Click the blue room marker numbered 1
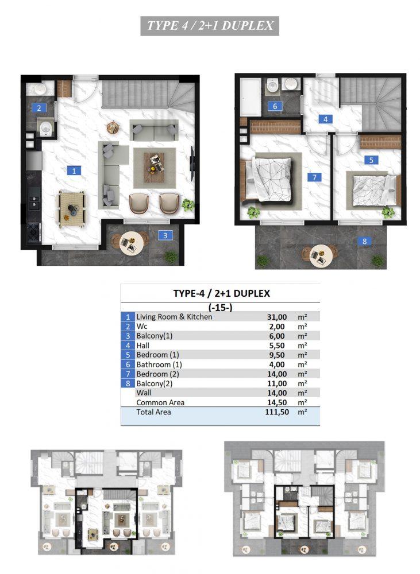74,170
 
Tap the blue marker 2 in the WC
39,108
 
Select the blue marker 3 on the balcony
165,235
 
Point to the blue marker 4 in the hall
325,119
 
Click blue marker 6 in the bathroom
275,106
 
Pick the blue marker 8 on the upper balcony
364,241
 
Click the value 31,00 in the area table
277,317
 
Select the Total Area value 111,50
277,412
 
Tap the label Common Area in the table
160,402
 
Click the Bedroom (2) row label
157,374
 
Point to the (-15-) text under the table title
220,308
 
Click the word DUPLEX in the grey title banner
248,26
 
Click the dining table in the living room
72,208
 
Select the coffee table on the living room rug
155,167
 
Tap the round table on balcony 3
131,243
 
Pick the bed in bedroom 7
269,179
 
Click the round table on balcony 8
321,255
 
